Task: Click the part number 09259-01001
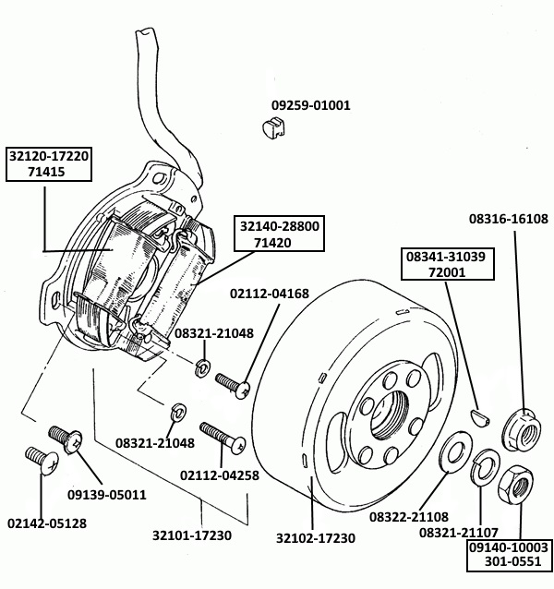point(310,105)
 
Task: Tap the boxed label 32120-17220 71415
point(48,163)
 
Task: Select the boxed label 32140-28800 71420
point(279,234)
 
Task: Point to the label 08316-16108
point(508,219)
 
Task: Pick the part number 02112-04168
point(269,294)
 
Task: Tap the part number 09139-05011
point(107,494)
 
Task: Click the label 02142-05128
point(47,523)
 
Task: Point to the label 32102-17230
point(315,537)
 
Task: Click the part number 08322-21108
point(409,517)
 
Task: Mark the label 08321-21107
point(460,533)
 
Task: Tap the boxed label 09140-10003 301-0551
point(509,554)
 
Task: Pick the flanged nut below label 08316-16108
point(523,426)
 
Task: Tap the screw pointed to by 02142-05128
point(36,457)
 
